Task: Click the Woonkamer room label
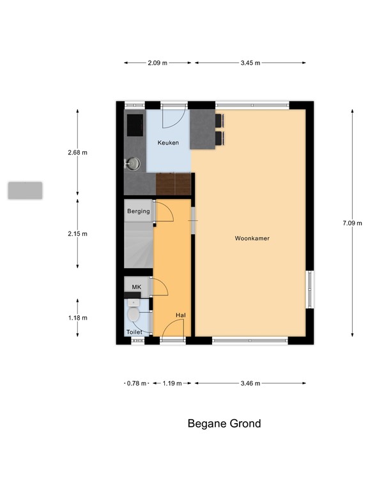coord(252,239)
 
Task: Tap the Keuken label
coord(168,143)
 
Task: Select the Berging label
coord(138,211)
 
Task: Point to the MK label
coord(136,288)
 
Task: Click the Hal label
coord(181,316)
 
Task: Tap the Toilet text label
coord(134,332)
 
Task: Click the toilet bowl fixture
coord(134,315)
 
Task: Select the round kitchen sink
coord(133,164)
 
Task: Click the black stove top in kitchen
coord(135,125)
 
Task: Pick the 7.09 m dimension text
coord(352,223)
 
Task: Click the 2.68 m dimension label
coord(77,152)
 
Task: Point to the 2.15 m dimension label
coord(77,234)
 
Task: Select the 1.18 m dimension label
coord(77,318)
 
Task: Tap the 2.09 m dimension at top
coord(158,63)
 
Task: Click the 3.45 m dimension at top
coord(250,63)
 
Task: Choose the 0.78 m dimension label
coord(135,383)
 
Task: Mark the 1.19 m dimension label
coord(172,383)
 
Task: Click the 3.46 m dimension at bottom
coord(250,383)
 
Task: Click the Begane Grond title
coord(224,424)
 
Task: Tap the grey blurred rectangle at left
coord(25,190)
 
